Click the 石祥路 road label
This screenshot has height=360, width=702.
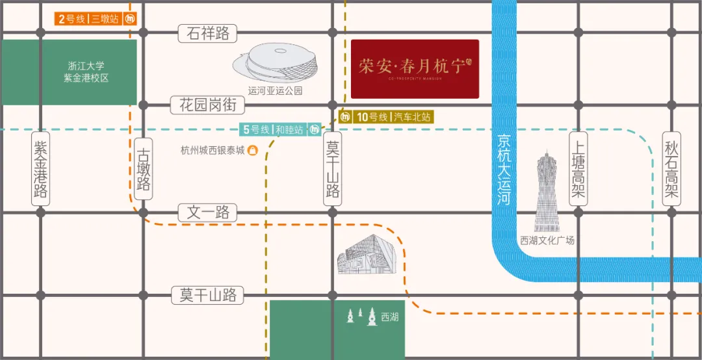pos(208,33)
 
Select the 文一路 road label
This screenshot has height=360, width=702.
pos(208,212)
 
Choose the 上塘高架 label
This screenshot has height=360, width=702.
pos(578,168)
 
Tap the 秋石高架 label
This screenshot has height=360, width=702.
pos(671,168)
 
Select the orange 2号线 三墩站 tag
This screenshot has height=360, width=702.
pos(88,19)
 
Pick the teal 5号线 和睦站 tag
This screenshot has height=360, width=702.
pos(273,129)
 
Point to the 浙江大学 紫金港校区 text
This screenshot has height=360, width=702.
pos(86,71)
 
